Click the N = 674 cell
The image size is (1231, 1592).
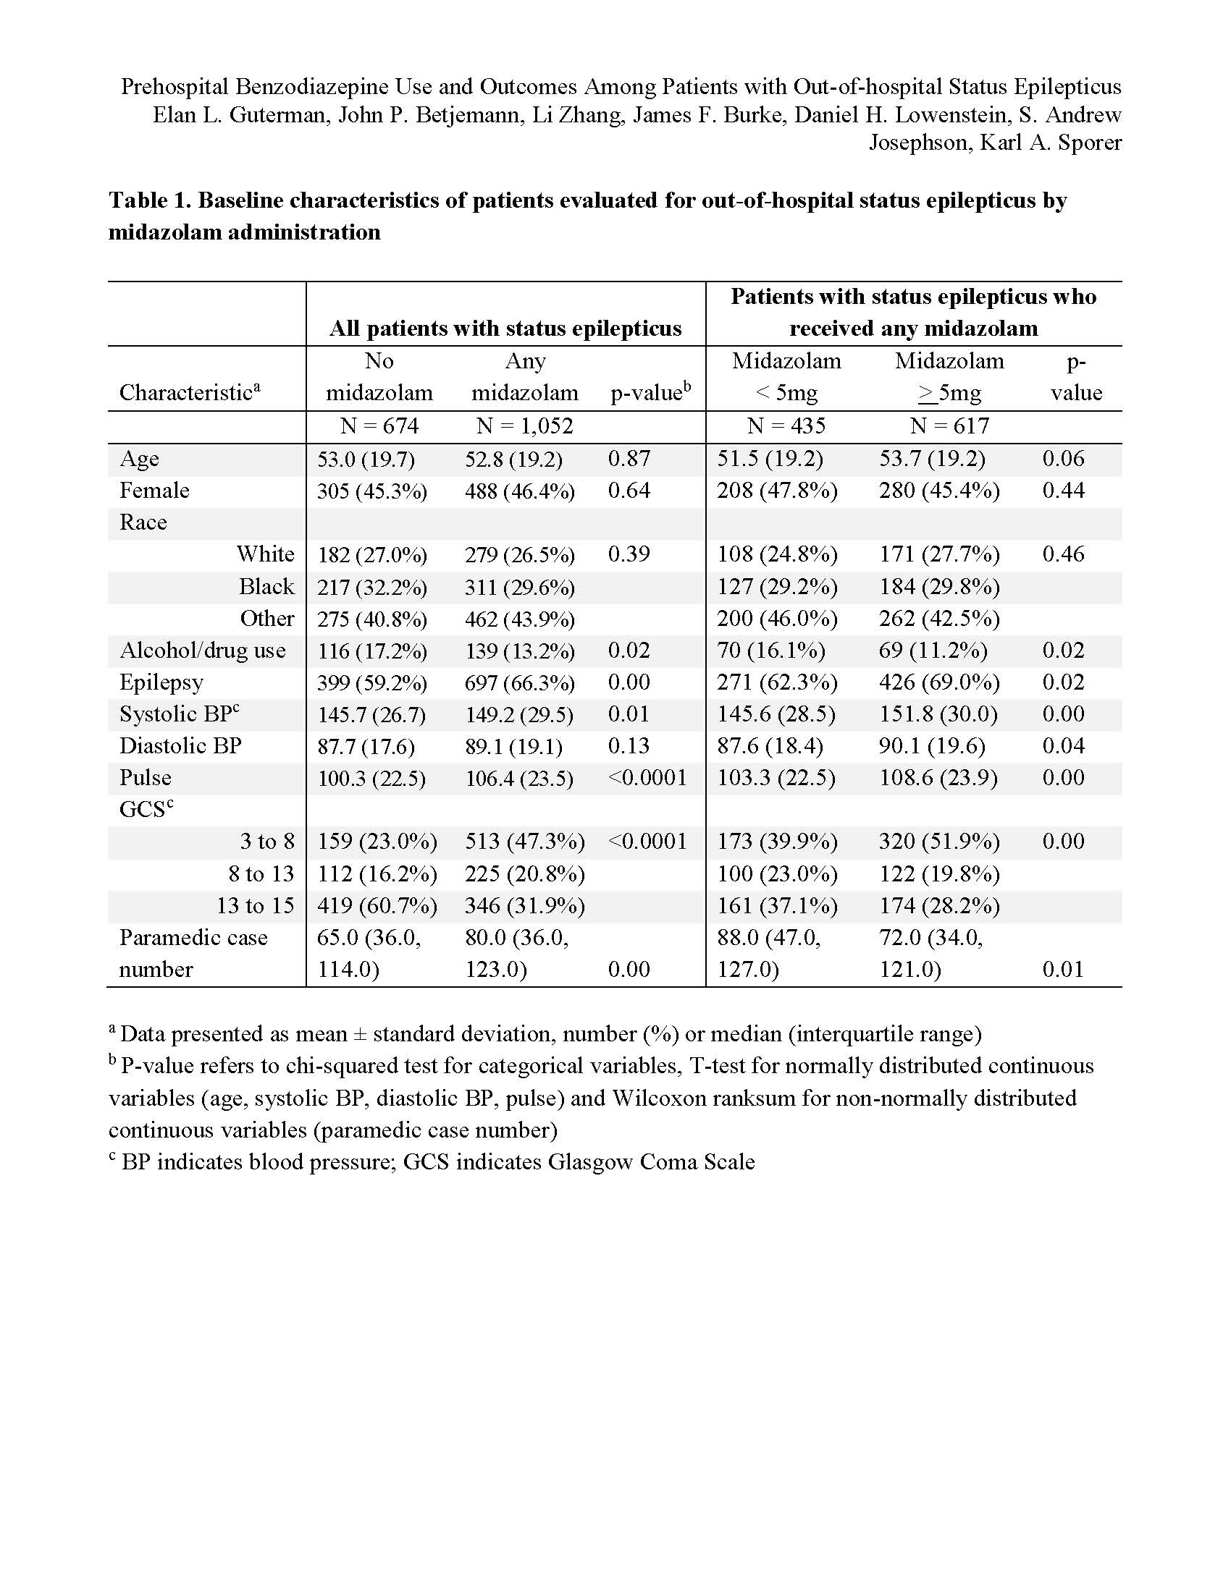point(379,425)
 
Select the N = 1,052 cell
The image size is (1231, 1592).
point(524,425)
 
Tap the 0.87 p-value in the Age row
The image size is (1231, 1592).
point(629,459)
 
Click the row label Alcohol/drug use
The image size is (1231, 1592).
point(203,651)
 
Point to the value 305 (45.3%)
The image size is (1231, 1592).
point(372,491)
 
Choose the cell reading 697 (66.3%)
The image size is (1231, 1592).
point(520,682)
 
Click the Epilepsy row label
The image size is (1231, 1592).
point(161,682)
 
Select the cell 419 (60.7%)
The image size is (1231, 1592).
point(377,905)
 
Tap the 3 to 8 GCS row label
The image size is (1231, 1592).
point(267,841)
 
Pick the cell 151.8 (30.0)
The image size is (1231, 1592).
point(938,714)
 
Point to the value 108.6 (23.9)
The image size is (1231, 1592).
point(938,778)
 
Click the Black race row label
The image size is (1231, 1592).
point(266,587)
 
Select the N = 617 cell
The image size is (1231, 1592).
point(949,425)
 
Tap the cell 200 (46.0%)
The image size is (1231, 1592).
point(777,618)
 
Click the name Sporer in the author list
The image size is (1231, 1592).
point(1090,142)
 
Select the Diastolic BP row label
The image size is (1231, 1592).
point(180,745)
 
